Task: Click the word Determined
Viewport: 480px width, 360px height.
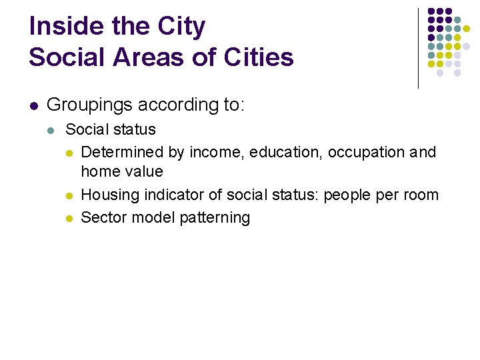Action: coord(123,152)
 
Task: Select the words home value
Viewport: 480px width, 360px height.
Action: coord(121,171)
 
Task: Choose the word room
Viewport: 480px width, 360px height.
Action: coord(419,195)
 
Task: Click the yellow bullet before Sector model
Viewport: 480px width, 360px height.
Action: coord(69,218)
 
